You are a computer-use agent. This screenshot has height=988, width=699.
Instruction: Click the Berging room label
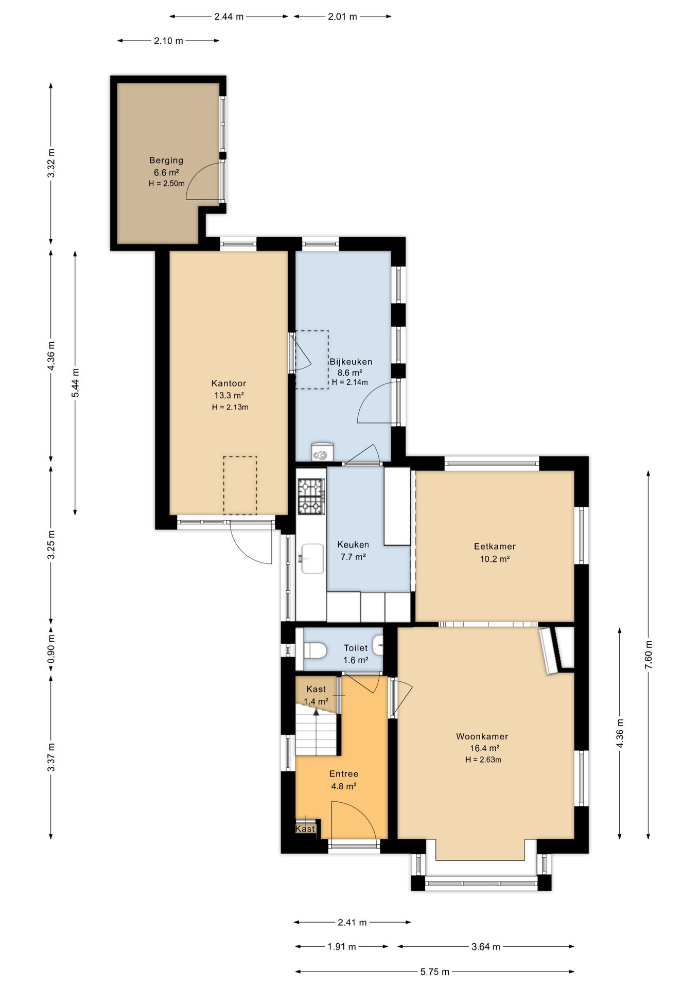pyautogui.click(x=166, y=160)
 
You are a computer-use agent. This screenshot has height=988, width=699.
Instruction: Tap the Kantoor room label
pyautogui.click(x=229, y=383)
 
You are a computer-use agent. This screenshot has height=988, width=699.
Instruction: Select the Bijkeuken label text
pyautogui.click(x=351, y=362)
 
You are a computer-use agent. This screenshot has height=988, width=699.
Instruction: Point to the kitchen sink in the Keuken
pyautogui.click(x=312, y=559)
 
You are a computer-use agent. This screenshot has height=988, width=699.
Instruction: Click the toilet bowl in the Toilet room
pyautogui.click(x=315, y=650)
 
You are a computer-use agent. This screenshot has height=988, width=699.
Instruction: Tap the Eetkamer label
pyautogui.click(x=495, y=546)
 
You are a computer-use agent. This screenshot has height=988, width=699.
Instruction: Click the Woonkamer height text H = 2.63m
pyautogui.click(x=483, y=760)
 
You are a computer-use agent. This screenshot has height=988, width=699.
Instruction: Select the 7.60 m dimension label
pyautogui.click(x=648, y=655)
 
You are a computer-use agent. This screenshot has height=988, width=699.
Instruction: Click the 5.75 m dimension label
pyautogui.click(x=435, y=972)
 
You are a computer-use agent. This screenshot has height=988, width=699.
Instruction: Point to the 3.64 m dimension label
pyautogui.click(x=486, y=946)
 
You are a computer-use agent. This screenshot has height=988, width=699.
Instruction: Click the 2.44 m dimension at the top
pyautogui.click(x=229, y=16)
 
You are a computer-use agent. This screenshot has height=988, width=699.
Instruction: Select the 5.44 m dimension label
pyautogui.click(x=75, y=383)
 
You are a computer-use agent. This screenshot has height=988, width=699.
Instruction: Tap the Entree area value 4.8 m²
pyautogui.click(x=344, y=786)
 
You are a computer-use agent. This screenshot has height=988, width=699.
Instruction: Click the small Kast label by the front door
pyautogui.click(x=305, y=828)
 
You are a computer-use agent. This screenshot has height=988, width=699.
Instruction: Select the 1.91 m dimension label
pyautogui.click(x=342, y=946)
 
